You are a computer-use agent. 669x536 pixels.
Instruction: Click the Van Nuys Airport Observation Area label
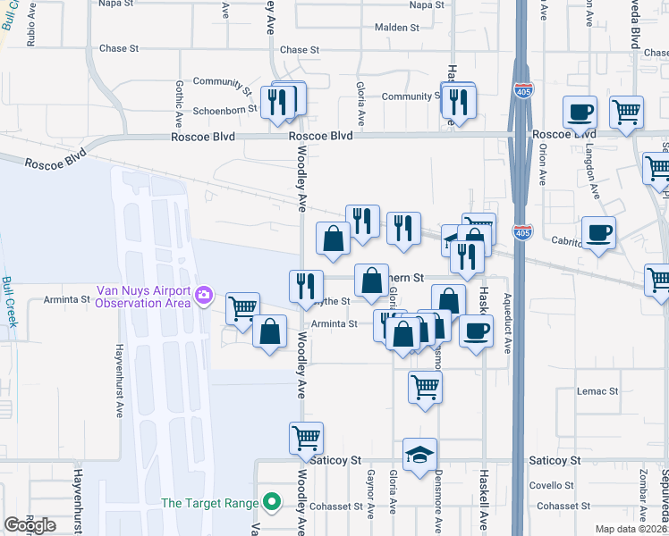tap(143, 297)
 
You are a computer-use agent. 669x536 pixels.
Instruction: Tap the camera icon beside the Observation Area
tap(204, 295)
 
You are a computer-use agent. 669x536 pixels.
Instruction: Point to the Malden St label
tap(397, 28)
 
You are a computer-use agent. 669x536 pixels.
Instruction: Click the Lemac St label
tap(597, 391)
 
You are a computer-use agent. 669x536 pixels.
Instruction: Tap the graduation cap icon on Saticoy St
tap(419, 455)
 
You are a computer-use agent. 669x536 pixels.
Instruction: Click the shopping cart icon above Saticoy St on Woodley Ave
tap(306, 438)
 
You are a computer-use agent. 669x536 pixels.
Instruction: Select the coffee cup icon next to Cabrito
tap(598, 233)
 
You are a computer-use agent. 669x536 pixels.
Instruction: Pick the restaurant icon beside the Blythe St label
tap(306, 285)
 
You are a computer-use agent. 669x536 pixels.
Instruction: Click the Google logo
tap(30, 525)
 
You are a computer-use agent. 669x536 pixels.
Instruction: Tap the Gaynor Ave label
tap(369, 497)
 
